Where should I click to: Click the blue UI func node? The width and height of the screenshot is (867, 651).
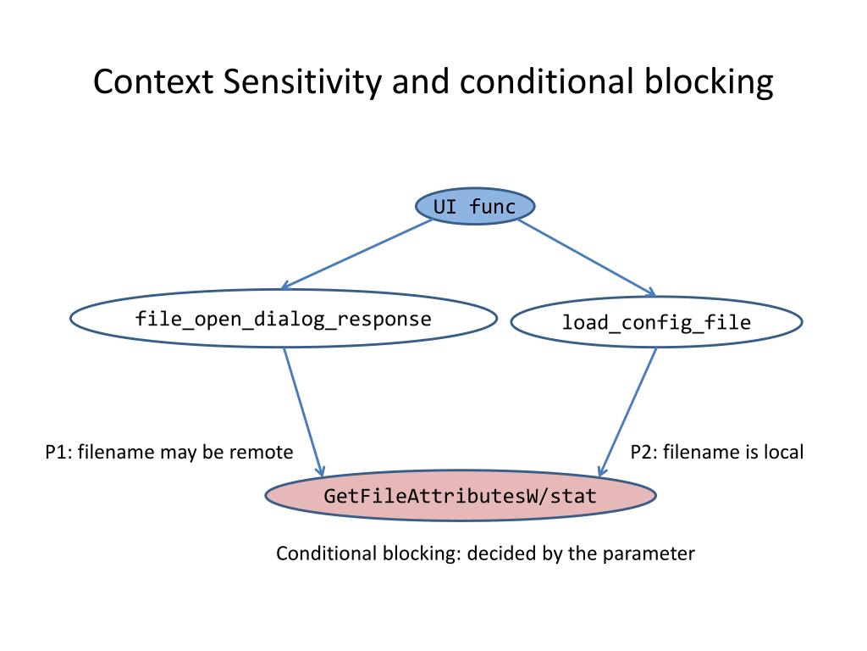[475, 207]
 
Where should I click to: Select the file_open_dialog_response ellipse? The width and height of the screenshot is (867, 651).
[283, 319]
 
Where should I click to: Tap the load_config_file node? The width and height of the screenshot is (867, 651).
[656, 322]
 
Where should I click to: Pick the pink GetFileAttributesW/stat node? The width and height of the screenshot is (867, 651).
[461, 495]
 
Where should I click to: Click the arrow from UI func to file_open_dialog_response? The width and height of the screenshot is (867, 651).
[356, 254]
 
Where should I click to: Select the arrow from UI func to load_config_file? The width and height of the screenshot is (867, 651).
[587, 258]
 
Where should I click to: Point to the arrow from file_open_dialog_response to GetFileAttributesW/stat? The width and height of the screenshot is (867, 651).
[304, 412]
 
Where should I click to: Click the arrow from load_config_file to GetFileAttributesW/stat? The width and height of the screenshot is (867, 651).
[627, 412]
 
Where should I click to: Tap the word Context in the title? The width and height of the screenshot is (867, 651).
[153, 82]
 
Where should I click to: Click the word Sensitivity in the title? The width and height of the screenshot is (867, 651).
[302, 83]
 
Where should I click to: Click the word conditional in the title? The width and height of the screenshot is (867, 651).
[547, 82]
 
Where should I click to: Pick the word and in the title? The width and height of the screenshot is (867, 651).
[421, 82]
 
